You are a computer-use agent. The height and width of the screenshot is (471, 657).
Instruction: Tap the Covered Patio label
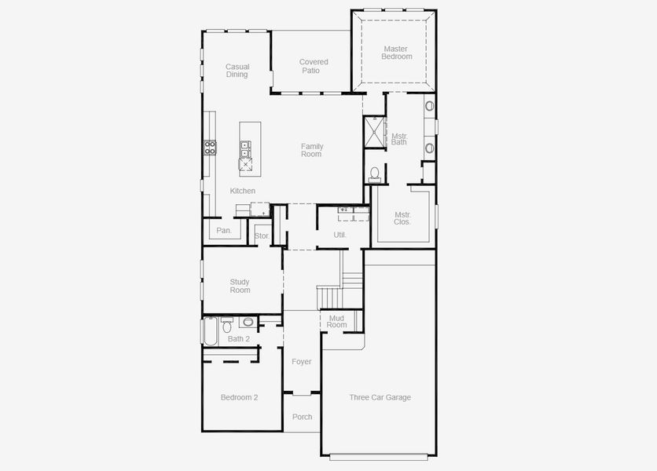(314, 66)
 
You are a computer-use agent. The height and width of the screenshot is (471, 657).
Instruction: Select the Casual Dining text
(237, 71)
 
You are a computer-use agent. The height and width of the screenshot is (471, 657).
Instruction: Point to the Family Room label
(312, 150)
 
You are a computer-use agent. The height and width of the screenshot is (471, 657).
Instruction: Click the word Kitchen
(242, 191)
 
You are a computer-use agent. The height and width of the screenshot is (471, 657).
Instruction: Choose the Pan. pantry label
(224, 230)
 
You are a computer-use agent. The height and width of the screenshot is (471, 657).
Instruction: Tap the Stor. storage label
(262, 235)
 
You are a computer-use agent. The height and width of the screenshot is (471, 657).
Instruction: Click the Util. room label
(340, 235)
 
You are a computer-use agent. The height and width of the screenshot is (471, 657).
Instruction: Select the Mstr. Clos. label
(402, 217)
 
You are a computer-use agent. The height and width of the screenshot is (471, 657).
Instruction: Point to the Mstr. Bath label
(399, 139)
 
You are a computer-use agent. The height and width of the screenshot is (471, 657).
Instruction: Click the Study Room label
(240, 286)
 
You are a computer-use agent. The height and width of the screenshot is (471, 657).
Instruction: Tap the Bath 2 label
(238, 339)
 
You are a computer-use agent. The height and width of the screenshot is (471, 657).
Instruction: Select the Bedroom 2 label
(239, 397)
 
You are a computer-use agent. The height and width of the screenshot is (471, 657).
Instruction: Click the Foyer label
(301, 362)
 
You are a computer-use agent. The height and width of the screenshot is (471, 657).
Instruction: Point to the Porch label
(302, 417)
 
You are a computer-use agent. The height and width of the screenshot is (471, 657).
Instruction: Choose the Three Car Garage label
(380, 397)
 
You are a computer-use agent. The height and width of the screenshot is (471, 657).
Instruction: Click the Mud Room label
(336, 321)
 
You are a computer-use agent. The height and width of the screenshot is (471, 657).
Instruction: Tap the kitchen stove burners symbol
(210, 146)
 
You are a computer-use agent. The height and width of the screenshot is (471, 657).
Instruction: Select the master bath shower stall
(374, 131)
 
